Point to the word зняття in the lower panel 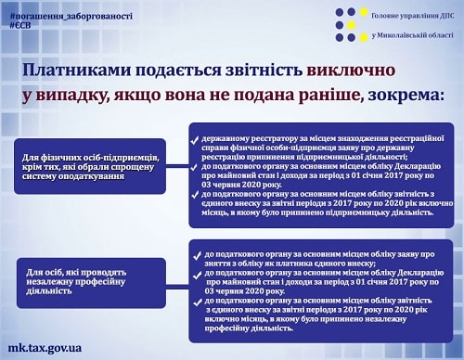pyautogui.click(x=221, y=264)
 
